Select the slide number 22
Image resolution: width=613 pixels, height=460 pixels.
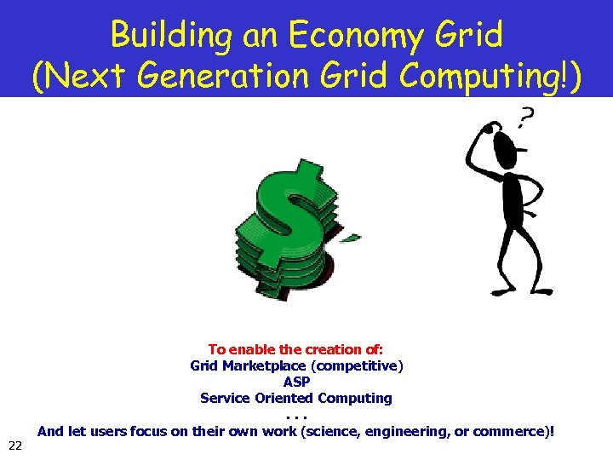(x=14, y=446)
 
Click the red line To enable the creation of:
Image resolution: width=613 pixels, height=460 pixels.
(x=296, y=349)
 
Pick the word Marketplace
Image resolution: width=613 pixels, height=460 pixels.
(x=264, y=365)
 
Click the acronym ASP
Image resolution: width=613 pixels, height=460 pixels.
(x=296, y=382)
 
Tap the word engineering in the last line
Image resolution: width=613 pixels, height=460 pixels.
(x=404, y=431)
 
